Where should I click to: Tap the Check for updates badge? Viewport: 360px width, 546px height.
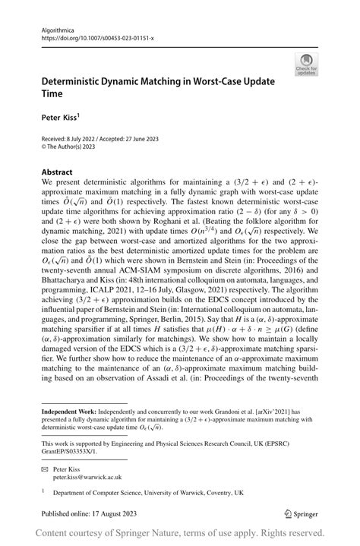point(307,65)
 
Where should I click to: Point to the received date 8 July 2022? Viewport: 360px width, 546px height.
point(88,137)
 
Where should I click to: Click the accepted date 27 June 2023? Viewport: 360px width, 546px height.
point(161,137)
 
